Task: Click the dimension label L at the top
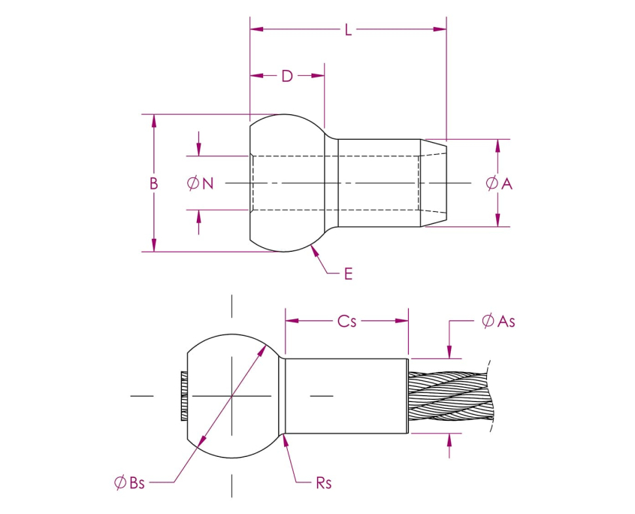(348, 30)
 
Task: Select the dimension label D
(286, 76)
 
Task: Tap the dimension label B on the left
(153, 183)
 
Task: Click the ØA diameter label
(499, 183)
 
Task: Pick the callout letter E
(348, 274)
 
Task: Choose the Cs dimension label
(346, 321)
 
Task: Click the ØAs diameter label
(498, 321)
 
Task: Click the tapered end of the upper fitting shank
(434, 183)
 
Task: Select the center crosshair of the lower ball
(232, 395)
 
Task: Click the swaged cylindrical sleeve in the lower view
(346, 395)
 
